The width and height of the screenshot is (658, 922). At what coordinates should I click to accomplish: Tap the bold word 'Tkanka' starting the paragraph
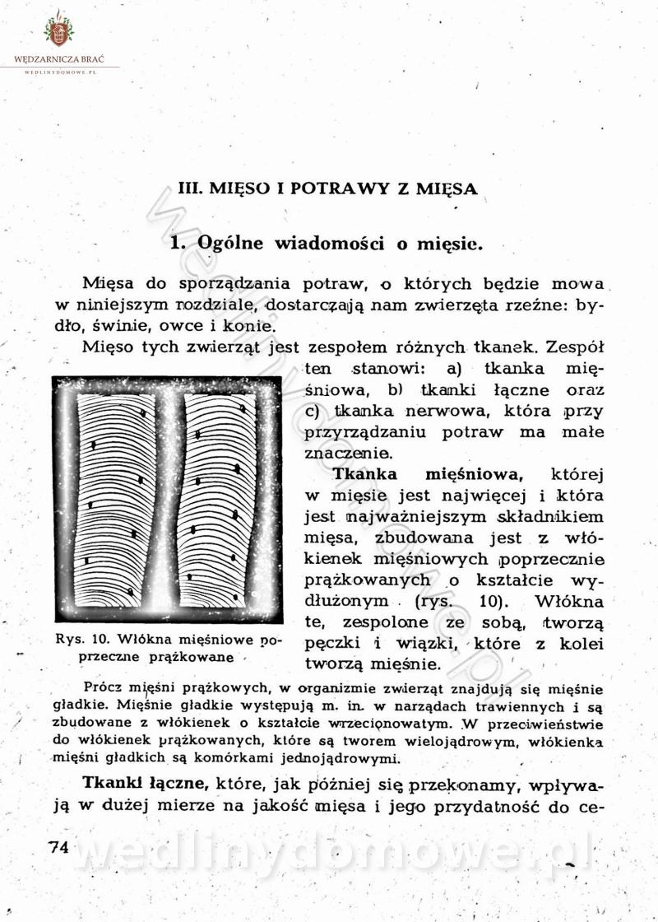(x=365, y=475)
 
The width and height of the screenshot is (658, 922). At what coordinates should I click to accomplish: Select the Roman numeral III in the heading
(x=190, y=188)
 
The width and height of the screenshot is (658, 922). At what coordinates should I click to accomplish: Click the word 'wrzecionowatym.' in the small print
(x=391, y=724)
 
